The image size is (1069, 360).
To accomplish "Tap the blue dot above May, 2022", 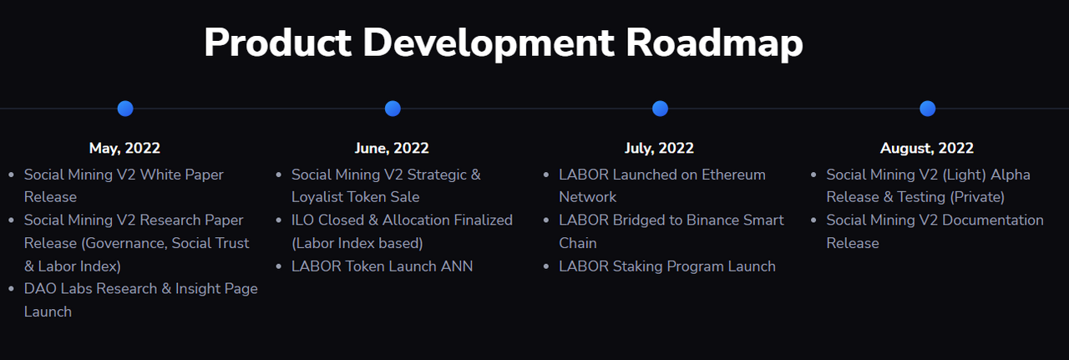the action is (125, 109).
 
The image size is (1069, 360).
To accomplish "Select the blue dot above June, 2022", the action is (393, 109).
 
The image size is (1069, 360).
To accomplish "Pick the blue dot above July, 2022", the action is (660, 109).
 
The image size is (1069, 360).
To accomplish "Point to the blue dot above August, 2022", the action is (927, 109).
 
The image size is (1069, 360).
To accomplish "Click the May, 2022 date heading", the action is (124, 149).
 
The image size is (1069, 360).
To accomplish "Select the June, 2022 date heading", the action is (392, 149).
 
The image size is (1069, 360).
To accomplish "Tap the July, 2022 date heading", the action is (659, 149).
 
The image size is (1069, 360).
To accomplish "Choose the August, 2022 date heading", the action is (927, 149).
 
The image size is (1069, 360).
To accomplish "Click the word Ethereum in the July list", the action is (733, 175).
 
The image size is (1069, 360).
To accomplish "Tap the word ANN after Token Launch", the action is (457, 266).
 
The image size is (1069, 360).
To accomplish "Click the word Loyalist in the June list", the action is (315, 197).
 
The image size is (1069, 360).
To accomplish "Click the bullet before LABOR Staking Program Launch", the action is (546, 266).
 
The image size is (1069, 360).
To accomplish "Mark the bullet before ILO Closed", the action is (279, 221).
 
